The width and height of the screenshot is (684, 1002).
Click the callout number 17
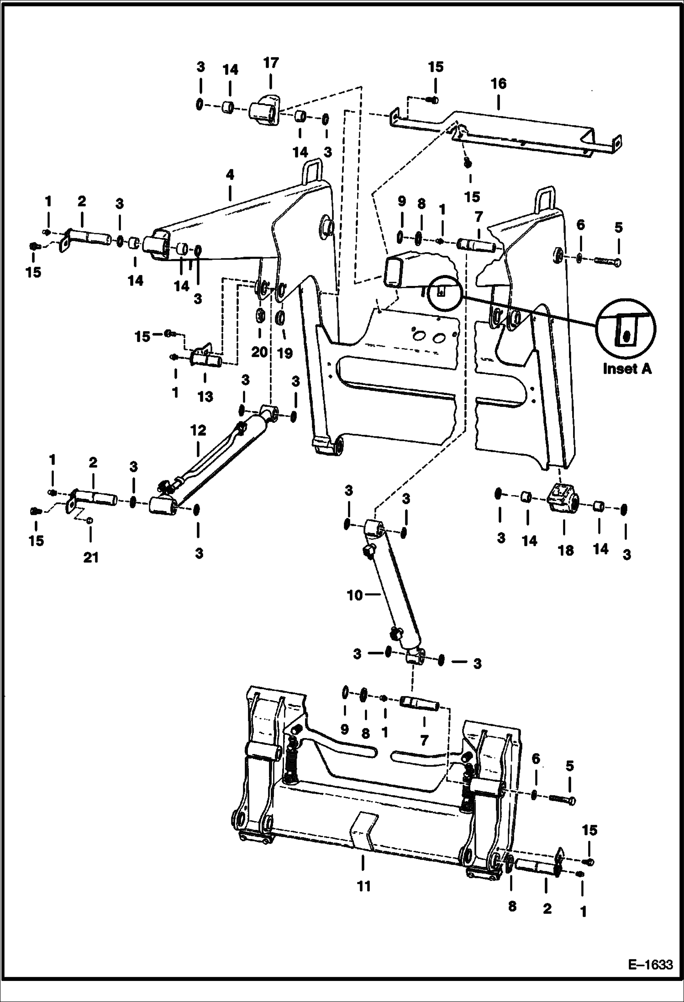point(271,63)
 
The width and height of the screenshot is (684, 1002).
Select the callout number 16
point(498,84)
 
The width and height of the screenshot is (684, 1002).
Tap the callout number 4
point(230,175)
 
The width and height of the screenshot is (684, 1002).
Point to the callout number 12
point(198,431)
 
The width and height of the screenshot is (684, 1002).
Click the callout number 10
point(354,596)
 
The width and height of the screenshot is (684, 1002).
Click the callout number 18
point(565,550)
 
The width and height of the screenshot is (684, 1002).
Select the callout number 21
point(90,558)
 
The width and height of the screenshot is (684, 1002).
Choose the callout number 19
point(285,353)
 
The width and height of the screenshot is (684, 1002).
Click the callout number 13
point(205,396)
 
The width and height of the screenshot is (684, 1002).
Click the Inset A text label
point(627,369)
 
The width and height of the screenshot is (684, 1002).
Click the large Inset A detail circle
point(626,328)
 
